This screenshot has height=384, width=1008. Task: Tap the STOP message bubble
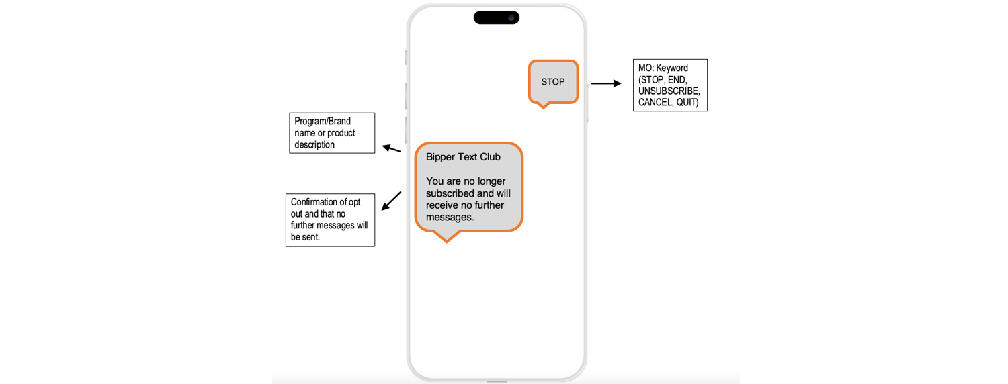(x=553, y=82)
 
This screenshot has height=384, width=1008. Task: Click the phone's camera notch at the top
(x=497, y=17)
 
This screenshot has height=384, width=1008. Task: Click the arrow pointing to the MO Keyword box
(x=605, y=83)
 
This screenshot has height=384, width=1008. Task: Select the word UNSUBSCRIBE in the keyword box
(x=669, y=91)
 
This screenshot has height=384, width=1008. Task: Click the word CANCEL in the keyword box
(x=655, y=103)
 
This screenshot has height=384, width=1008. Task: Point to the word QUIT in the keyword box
(x=687, y=103)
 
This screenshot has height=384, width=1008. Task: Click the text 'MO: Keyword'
(x=663, y=68)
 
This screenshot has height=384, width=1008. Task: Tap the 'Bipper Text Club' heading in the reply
(x=463, y=157)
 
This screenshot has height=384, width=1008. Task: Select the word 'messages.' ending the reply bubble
(x=450, y=218)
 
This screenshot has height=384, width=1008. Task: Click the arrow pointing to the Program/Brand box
(x=391, y=148)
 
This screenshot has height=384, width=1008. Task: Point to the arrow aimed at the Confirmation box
(x=392, y=201)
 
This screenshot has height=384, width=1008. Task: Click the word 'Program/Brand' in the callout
(x=323, y=121)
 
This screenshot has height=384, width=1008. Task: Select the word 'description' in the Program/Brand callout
(x=314, y=145)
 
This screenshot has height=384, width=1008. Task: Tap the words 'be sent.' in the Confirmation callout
(x=305, y=237)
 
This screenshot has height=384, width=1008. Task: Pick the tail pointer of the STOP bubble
(x=544, y=105)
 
